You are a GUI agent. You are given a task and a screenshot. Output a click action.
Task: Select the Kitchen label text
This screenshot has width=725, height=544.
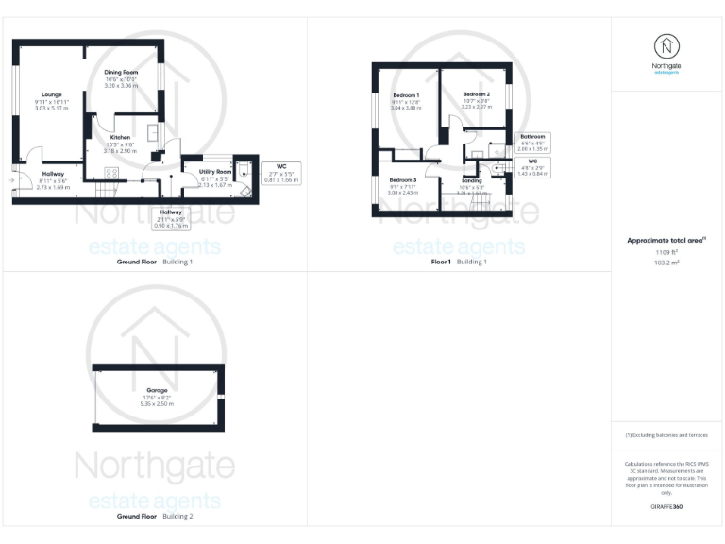(121, 137)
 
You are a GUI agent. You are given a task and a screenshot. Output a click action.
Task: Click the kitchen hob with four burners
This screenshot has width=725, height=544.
(110, 173)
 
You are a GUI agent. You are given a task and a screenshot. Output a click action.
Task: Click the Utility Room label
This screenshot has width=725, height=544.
(216, 172)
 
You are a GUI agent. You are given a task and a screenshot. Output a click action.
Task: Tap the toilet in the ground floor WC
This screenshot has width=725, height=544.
(244, 169)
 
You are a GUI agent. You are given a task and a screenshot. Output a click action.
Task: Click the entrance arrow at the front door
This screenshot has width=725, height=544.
(11, 177)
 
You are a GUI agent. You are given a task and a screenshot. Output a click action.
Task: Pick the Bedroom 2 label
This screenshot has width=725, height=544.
(476, 94)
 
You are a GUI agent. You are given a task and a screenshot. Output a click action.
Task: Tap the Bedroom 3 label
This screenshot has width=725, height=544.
(402, 179)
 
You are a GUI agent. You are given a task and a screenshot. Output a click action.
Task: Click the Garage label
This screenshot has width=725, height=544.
(157, 390)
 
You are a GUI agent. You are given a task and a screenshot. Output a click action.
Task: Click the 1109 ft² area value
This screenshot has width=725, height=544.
(666, 252)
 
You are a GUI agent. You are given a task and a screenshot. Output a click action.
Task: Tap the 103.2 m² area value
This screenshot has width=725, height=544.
(666, 263)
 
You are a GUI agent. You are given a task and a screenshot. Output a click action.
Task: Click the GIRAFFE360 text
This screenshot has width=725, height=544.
(666, 508)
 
